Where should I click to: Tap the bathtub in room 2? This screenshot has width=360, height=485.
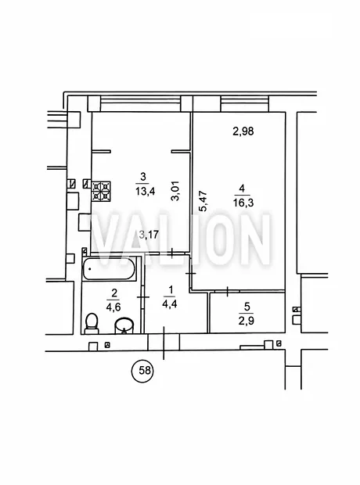(x=110, y=268)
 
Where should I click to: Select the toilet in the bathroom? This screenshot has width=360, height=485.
(x=92, y=324)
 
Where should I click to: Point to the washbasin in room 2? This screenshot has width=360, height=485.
(x=124, y=325)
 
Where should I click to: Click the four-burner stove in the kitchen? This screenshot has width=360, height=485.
(x=101, y=191)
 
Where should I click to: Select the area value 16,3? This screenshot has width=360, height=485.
(x=243, y=203)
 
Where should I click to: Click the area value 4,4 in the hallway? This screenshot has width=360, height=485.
(x=170, y=304)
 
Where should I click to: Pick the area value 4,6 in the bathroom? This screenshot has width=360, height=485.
(x=113, y=307)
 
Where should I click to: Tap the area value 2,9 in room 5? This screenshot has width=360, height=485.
(x=247, y=321)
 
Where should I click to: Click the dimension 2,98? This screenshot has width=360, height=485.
(x=243, y=131)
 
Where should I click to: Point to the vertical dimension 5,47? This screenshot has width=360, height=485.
(x=203, y=201)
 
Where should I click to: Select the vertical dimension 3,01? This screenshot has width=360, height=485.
(x=175, y=191)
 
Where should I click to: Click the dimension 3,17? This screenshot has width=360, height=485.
(x=149, y=234)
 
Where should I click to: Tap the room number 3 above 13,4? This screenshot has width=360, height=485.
(x=143, y=177)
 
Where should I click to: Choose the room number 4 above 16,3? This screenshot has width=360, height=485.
(x=242, y=188)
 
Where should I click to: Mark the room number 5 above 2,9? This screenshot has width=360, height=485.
(x=247, y=307)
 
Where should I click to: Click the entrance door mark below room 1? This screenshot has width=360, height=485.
(x=164, y=343)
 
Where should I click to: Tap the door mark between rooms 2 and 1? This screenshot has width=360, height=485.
(x=142, y=297)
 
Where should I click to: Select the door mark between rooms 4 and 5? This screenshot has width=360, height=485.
(x=228, y=291)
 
